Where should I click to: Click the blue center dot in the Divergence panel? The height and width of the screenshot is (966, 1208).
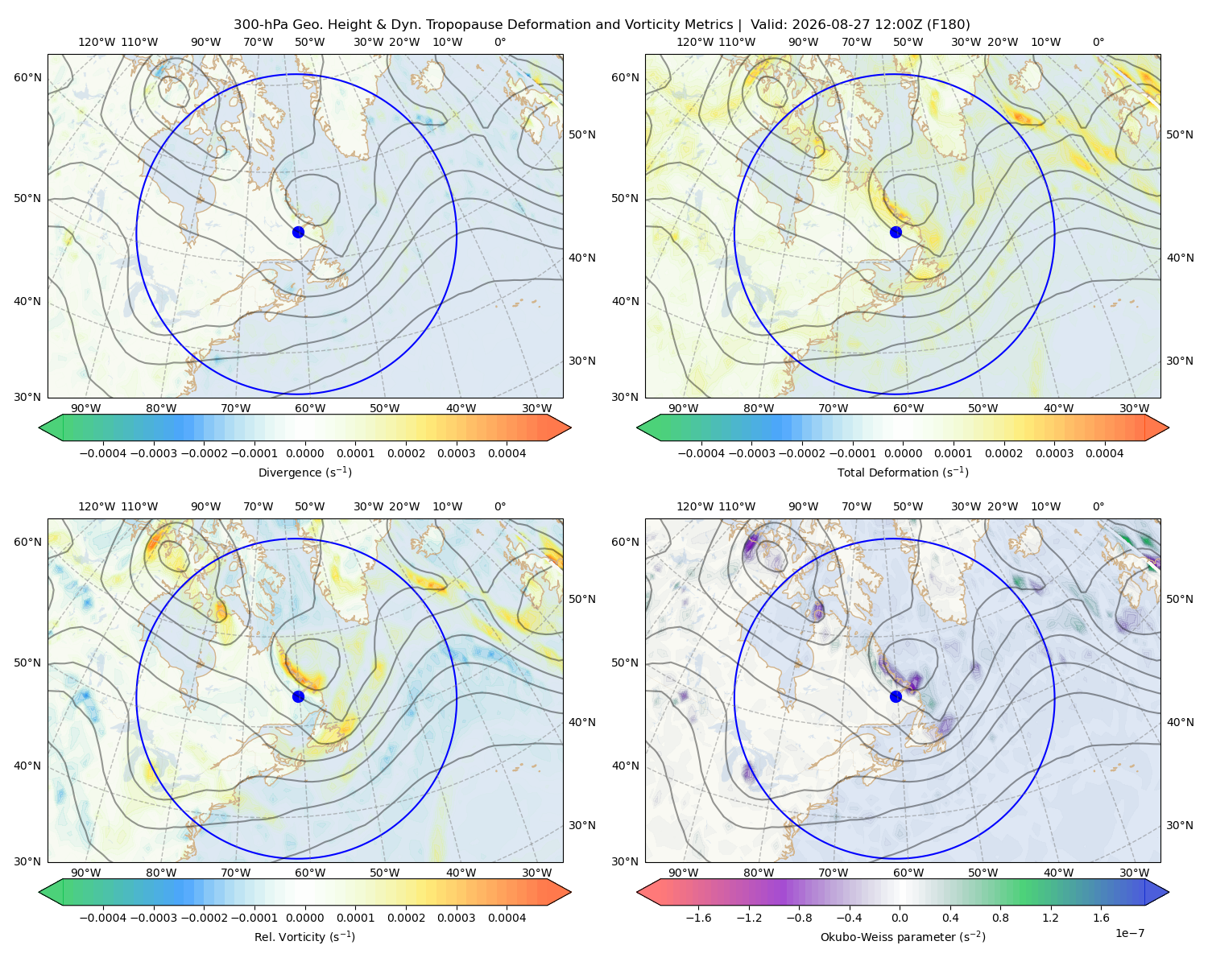[x=298, y=232]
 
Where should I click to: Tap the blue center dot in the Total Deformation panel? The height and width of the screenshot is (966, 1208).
[x=896, y=232]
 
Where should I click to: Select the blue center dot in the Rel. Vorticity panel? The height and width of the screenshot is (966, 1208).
[x=298, y=696]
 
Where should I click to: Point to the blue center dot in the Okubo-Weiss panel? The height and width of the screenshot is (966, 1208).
[x=896, y=696]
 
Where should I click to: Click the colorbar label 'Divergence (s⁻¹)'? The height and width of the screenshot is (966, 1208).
[x=304, y=472]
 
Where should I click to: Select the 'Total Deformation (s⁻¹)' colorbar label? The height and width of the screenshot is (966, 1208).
[x=903, y=472]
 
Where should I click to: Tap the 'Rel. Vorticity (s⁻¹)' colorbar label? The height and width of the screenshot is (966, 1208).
[x=304, y=936]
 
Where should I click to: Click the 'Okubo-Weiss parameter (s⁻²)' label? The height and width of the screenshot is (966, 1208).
[x=903, y=936]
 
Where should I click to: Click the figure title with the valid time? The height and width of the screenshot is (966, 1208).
[x=602, y=25]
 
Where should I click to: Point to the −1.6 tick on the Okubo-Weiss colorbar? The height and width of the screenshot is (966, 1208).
[x=698, y=917]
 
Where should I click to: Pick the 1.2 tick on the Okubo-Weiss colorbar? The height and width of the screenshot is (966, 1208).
[x=1050, y=917]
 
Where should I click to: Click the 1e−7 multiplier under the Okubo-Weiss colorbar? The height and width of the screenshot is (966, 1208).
[x=1129, y=933]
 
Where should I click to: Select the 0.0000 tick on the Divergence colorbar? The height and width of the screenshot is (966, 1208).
[x=304, y=453]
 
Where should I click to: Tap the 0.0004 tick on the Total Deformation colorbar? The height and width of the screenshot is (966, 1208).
[x=1104, y=453]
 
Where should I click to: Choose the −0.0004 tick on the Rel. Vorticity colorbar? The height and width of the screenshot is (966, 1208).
[x=103, y=917]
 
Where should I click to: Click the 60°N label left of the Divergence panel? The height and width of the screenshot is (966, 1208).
[x=27, y=77]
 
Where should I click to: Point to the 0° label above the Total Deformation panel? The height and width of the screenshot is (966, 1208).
[x=1098, y=42]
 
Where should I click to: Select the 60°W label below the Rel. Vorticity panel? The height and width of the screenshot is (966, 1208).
[x=310, y=873]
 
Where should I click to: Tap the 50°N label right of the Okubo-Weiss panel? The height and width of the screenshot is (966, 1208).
[x=1179, y=599]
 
